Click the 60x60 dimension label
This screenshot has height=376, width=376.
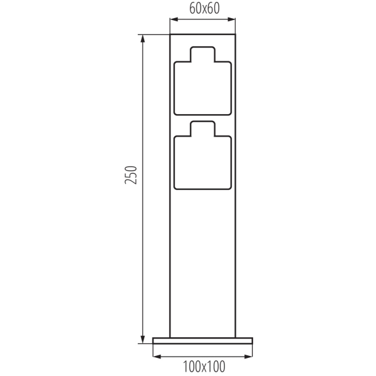(x=204, y=9)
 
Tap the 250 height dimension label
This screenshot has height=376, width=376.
(x=131, y=175)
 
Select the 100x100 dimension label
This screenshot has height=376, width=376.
(x=204, y=366)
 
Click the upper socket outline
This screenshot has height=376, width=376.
(x=174, y=89)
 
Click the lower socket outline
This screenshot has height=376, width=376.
(x=174, y=163)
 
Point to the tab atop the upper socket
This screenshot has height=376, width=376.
(x=202, y=47)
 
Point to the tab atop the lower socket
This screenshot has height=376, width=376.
(x=202, y=122)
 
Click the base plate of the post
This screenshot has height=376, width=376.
(x=202, y=340)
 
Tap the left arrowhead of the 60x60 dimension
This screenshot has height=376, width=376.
(x=173, y=19)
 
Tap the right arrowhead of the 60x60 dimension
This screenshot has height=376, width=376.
(x=232, y=19)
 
